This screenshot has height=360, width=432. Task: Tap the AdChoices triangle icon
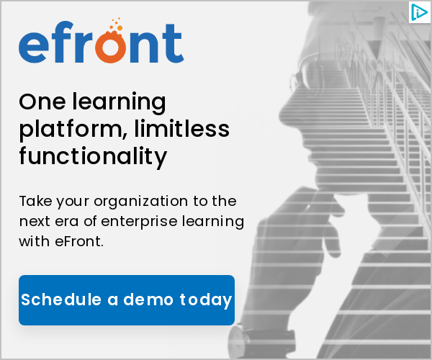click(x=419, y=12)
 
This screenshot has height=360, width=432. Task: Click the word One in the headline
click(x=42, y=102)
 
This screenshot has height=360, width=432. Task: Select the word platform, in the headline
click(x=73, y=129)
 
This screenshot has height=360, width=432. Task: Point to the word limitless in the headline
click(x=182, y=127)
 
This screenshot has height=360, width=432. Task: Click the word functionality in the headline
click(x=93, y=156)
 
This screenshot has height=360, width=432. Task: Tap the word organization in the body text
click(x=141, y=202)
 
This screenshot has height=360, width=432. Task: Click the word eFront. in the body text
click(x=79, y=242)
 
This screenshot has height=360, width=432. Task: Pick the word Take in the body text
click(x=35, y=201)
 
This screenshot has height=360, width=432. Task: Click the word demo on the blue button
click(x=148, y=299)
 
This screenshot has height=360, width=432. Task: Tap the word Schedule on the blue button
click(x=61, y=299)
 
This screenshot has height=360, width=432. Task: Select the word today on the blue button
click(x=205, y=300)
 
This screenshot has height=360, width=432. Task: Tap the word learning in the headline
click(x=119, y=103)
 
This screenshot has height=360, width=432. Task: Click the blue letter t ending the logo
click(x=173, y=43)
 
